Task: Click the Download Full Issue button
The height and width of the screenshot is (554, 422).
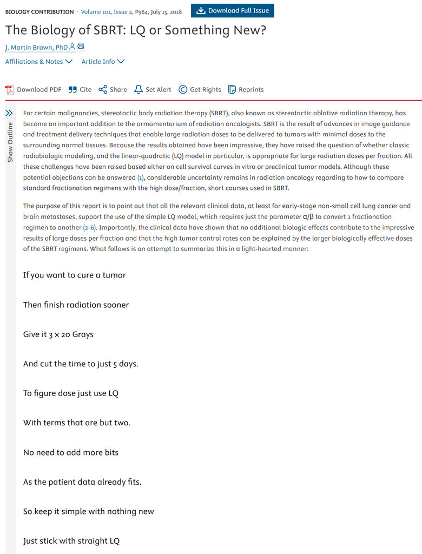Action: (233, 11)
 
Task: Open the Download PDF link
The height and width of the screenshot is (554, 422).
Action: (34, 90)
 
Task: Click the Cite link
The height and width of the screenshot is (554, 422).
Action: (80, 90)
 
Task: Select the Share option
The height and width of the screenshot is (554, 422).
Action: (113, 90)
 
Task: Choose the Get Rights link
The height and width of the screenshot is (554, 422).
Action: (200, 90)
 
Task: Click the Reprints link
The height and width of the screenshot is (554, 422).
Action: (246, 90)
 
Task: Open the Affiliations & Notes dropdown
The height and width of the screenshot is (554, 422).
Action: (38, 62)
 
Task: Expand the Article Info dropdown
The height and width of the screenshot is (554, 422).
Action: (103, 62)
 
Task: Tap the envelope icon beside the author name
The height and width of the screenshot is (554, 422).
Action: (81, 47)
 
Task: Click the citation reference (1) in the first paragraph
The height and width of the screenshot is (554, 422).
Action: (140, 177)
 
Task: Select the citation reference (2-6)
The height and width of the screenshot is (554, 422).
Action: (90, 227)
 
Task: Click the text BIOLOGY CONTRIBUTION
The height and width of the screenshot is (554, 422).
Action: (39, 11)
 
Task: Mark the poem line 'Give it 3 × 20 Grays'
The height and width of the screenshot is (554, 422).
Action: (58, 334)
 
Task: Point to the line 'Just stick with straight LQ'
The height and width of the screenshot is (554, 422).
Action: (71, 541)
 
